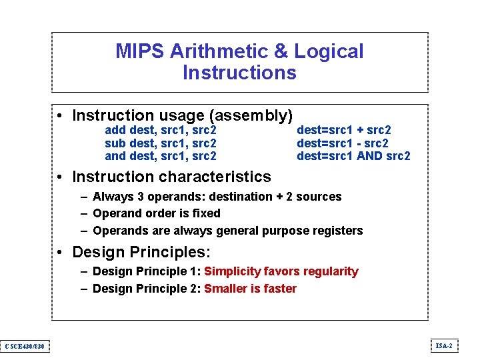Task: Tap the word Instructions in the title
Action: tap(239, 73)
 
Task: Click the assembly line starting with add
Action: tap(161, 130)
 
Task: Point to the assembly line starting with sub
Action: tap(161, 143)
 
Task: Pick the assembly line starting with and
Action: tap(161, 156)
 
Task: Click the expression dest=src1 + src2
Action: tap(343, 130)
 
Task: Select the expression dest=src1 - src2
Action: tap(342, 143)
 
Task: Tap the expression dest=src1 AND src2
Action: tap(353, 156)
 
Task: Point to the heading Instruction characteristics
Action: tap(171, 177)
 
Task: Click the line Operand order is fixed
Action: tap(157, 213)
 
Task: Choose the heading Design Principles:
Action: tap(141, 253)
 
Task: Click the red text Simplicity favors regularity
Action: tap(281, 271)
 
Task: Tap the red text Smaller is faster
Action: tap(250, 289)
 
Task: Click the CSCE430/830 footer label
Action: tap(24, 345)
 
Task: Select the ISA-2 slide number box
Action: tap(443, 345)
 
